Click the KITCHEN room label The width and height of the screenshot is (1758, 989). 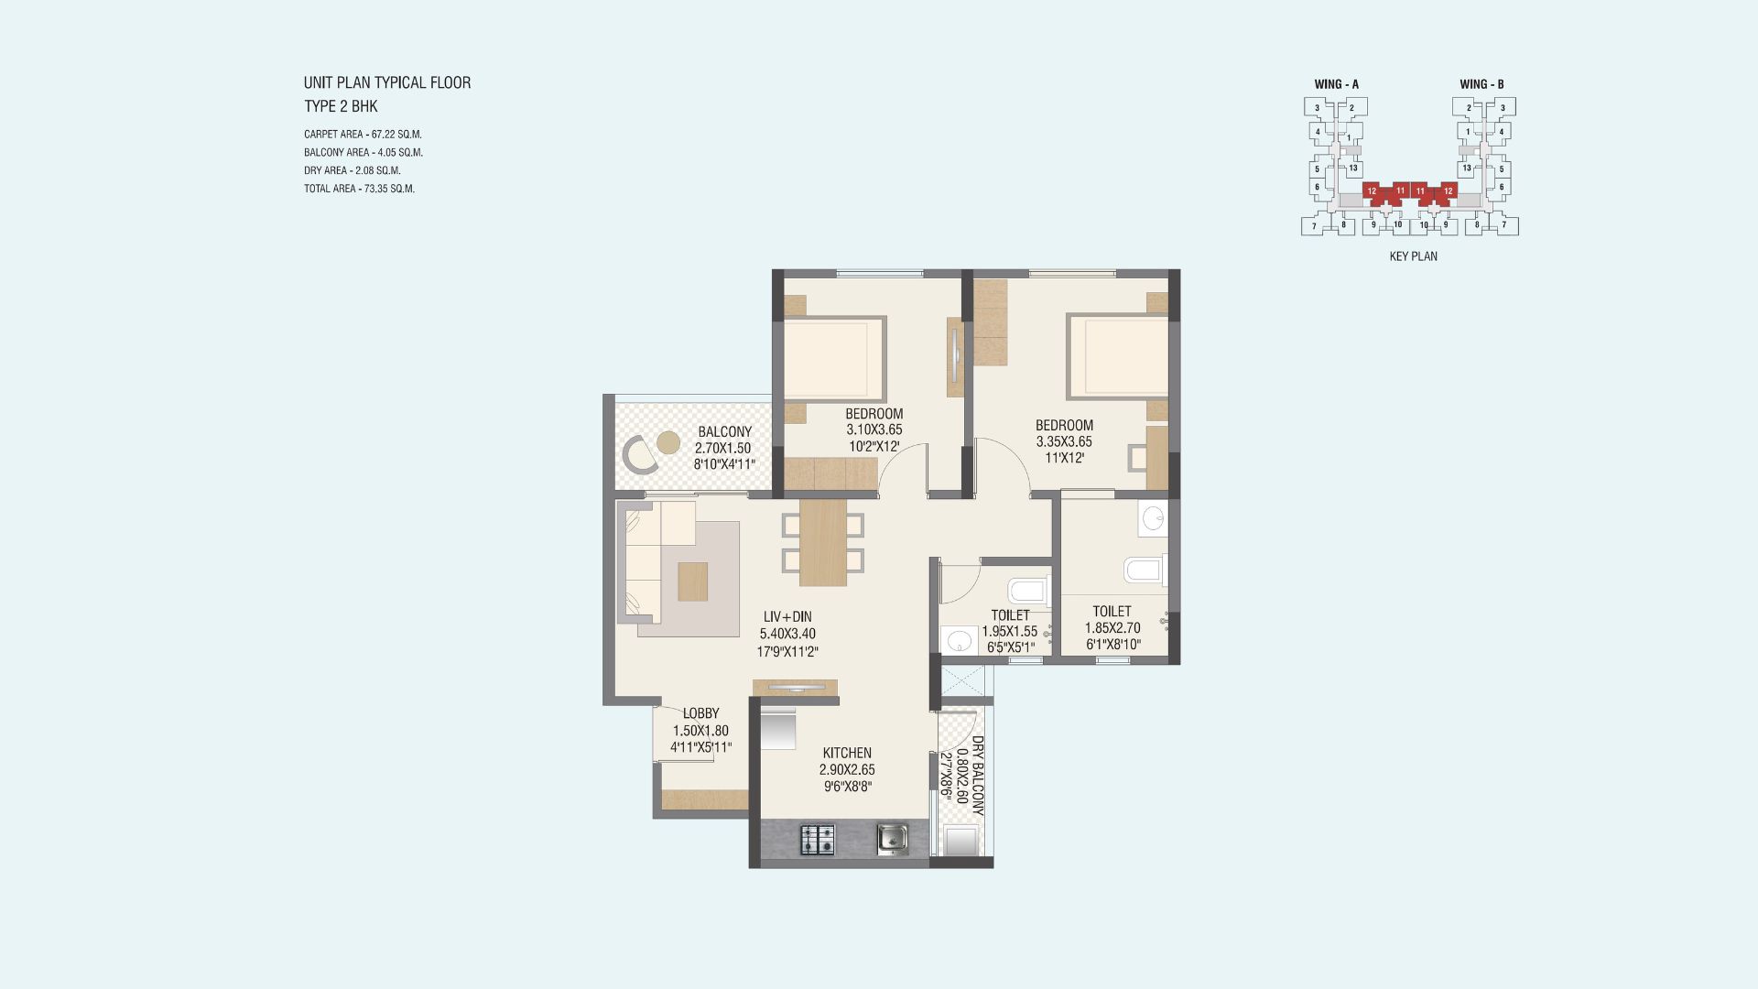point(847,753)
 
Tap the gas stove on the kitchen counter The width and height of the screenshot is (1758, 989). point(819,840)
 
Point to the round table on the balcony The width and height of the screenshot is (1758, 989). point(669,442)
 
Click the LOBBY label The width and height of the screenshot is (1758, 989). point(701,713)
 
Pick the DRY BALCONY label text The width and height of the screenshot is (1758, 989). point(978,776)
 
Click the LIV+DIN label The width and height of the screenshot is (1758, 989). point(787,617)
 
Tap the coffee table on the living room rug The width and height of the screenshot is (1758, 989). point(693,581)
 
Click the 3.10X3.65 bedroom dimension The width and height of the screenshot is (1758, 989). point(874,429)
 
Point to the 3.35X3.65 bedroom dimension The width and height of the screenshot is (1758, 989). point(1064,441)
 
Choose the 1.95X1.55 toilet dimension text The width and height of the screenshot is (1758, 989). point(1010,632)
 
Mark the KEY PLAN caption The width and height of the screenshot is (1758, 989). point(1414,256)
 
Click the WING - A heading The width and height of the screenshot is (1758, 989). point(1337,84)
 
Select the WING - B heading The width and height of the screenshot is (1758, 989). point(1482,84)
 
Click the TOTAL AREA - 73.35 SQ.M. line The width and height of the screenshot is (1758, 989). point(360,189)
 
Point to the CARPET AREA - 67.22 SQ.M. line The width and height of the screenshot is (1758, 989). point(364,134)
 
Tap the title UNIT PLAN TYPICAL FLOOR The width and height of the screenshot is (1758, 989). point(387,82)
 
